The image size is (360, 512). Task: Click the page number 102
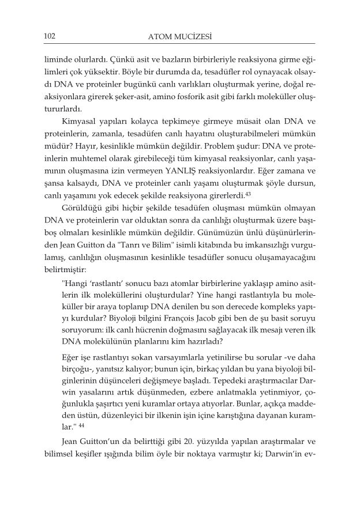48,36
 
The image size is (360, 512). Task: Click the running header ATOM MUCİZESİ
179,37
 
